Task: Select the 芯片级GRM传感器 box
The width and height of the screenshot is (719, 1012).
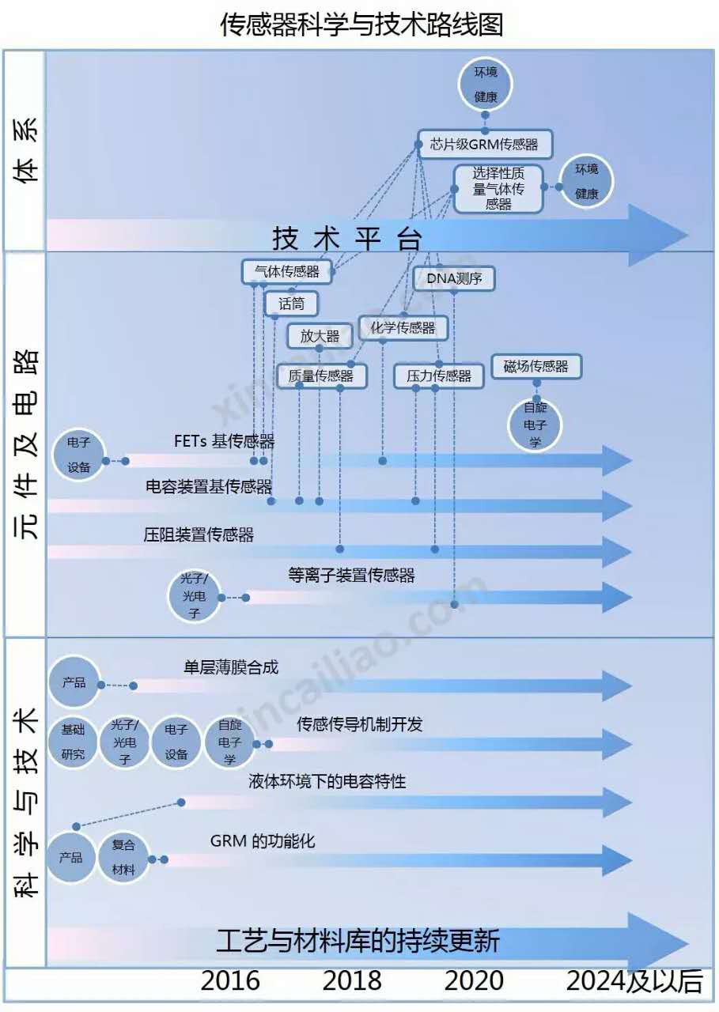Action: coord(483,145)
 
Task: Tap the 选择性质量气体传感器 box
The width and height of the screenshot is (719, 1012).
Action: coord(498,188)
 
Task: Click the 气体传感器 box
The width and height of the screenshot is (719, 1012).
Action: coord(286,271)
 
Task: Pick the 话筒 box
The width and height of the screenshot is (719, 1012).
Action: coord(280,303)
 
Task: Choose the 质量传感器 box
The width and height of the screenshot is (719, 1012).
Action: coord(321,376)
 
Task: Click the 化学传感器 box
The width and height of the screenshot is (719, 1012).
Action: coord(403,327)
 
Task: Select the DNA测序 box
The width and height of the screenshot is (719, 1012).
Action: coord(454,278)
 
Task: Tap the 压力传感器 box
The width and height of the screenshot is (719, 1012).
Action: coord(438,376)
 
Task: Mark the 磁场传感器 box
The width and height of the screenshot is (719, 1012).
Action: coord(535,366)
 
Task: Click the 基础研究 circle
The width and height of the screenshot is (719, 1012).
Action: coord(73,742)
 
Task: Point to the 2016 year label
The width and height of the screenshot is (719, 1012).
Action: coord(230,981)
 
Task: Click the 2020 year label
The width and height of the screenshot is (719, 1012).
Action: coord(473,981)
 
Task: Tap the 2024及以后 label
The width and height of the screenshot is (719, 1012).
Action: coord(634,981)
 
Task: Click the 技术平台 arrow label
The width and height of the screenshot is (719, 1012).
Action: coord(347,238)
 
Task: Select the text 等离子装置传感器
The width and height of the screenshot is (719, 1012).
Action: coord(351,576)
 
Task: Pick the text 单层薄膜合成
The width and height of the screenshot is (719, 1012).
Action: coord(231,667)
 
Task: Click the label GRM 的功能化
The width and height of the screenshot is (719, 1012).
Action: coord(263,840)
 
